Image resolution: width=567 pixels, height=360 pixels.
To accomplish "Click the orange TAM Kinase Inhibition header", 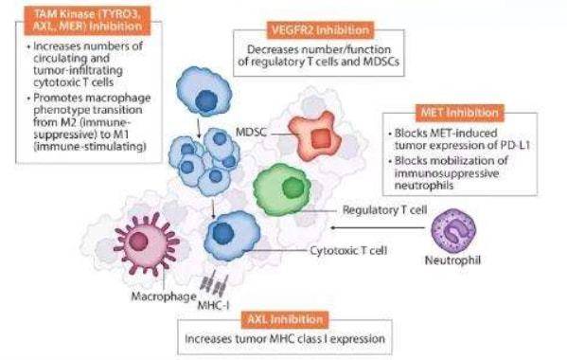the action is pos(87,21).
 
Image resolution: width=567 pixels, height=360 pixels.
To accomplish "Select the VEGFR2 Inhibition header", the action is pos(320,30).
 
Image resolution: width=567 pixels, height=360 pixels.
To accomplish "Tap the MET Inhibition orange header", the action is pos(460,113).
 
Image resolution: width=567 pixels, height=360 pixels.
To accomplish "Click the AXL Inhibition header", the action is pos(285,319).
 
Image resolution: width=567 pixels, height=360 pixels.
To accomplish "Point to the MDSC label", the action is pos(251,132).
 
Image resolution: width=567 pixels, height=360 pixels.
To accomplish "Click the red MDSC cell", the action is pos(314,135).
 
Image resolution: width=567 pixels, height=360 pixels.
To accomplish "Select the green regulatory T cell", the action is pos(282,189).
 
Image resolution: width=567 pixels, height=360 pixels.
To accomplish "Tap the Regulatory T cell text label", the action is pos(384,210).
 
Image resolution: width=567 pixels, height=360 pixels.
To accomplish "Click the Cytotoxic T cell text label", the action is pos(348,250).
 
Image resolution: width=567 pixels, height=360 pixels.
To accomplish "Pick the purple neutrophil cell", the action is pos(453,231).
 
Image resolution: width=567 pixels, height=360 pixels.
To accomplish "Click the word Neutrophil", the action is pos(452,261).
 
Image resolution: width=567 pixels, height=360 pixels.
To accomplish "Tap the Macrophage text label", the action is pos(164,297).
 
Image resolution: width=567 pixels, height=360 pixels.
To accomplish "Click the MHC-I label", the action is pos(213,306).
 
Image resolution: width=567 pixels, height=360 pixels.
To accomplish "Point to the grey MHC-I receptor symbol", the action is pos(214,283).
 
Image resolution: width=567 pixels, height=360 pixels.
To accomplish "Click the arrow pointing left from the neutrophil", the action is pos(378,227).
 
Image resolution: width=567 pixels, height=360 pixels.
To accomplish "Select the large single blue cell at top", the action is pos(204,91).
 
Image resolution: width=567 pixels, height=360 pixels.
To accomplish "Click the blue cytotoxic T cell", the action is pos(231,236).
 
